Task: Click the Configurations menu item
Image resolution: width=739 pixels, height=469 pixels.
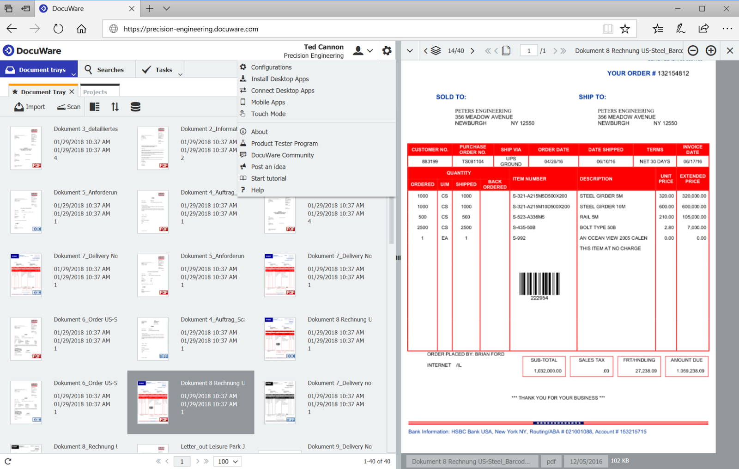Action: click(271, 67)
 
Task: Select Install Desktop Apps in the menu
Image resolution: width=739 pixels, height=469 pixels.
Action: click(279, 79)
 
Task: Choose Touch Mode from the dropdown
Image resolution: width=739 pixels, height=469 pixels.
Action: click(268, 114)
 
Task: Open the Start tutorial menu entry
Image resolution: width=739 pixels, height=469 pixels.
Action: click(268, 178)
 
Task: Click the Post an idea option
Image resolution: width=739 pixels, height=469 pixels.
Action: click(268, 167)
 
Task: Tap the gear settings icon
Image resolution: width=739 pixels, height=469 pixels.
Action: click(387, 51)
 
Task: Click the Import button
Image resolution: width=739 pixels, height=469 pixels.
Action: click(30, 107)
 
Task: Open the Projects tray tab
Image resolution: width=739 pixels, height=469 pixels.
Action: click(95, 92)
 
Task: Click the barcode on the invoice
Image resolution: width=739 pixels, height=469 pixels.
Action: click(539, 284)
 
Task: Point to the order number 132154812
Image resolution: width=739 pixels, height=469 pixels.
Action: click(673, 73)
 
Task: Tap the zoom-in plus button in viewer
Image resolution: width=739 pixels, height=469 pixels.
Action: click(711, 51)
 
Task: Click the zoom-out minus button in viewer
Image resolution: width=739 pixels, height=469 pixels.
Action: click(693, 51)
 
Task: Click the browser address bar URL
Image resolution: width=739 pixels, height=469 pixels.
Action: click(191, 29)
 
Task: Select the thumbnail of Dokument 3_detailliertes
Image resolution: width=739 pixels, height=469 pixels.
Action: click(26, 148)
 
